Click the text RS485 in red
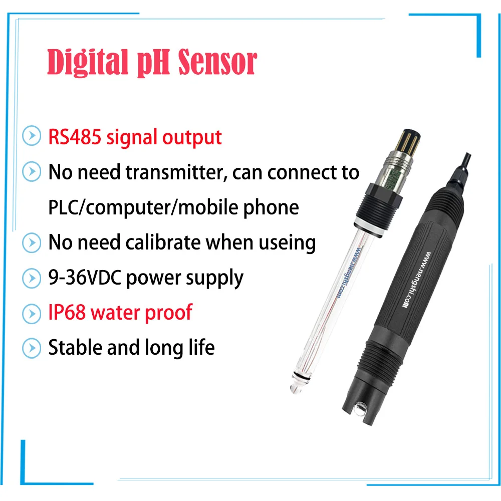coord(74,137)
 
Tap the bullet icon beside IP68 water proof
coord(32,313)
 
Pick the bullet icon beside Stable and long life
coord(32,348)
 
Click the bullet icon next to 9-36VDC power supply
coord(32,278)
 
